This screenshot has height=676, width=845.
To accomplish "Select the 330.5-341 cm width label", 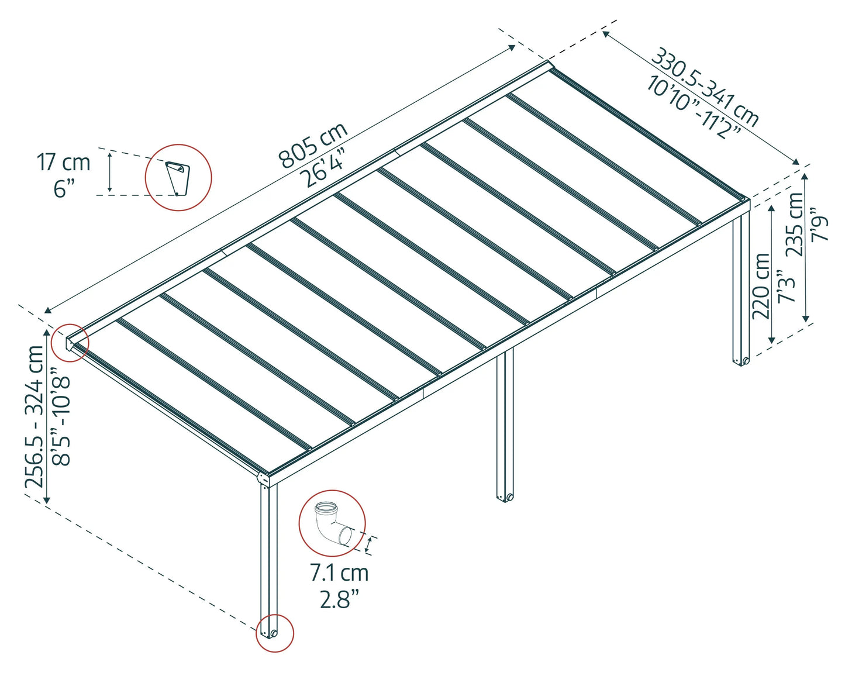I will click(x=705, y=87).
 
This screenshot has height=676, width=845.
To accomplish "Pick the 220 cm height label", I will click(x=761, y=286).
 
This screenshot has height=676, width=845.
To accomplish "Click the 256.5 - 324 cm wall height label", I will click(x=35, y=416).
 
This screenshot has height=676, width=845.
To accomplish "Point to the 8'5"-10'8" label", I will click(x=61, y=416).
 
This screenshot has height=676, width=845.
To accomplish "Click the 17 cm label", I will click(x=64, y=163).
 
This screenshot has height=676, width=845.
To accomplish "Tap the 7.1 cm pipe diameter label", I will click(x=339, y=573).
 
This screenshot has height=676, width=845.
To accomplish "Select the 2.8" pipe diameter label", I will click(x=339, y=599).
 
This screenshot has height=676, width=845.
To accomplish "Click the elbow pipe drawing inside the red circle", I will click(x=332, y=522).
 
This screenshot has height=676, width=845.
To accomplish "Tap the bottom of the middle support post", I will click(x=505, y=497).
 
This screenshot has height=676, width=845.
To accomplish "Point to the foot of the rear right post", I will click(x=741, y=360).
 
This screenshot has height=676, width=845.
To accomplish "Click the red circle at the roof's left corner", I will click(x=70, y=342).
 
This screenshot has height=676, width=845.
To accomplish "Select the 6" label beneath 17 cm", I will click(x=64, y=189).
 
